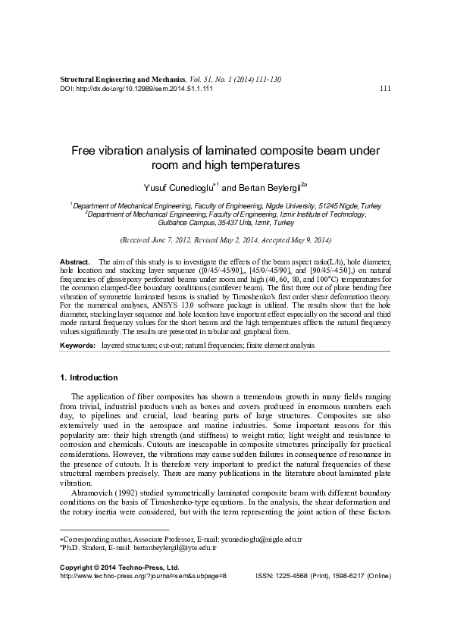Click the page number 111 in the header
[384, 88]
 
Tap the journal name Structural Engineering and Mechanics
[122, 79]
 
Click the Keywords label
[78, 345]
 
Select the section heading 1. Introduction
[88, 377]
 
